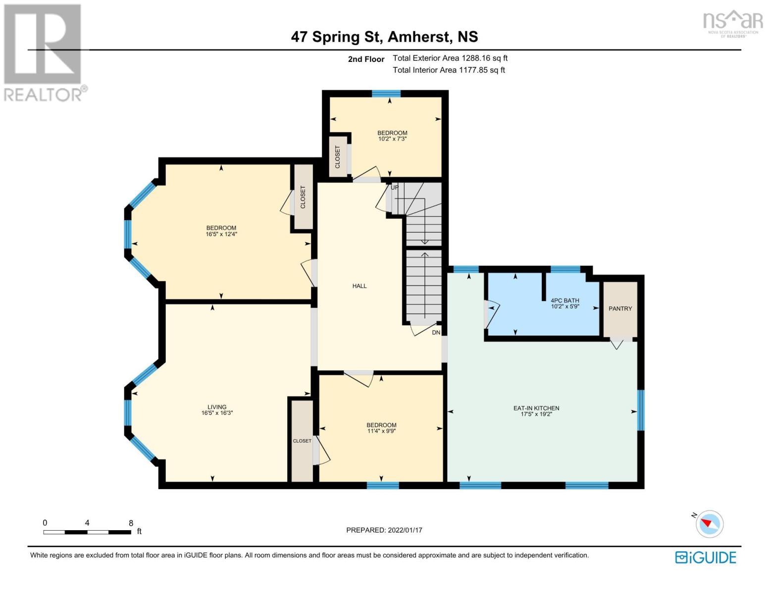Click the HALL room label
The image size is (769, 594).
(359, 286)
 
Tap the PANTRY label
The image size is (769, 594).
(620, 308)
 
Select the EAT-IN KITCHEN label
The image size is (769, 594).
(536, 408)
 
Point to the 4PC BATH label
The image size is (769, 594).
(565, 300)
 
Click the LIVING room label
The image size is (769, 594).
(216, 407)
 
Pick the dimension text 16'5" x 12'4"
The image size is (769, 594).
(221, 234)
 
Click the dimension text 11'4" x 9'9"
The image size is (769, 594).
(381, 431)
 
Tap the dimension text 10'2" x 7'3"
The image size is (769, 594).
(392, 139)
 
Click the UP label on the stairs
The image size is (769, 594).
(395, 188)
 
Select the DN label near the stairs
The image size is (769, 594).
(436, 333)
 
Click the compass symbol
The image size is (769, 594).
(709, 524)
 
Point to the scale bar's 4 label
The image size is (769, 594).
(87, 523)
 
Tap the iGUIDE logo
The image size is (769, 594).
(706, 558)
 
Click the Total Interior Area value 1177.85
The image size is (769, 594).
(473, 70)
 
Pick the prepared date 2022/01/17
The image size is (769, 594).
(405, 530)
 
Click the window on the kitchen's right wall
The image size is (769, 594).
(641, 410)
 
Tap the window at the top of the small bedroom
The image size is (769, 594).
(386, 94)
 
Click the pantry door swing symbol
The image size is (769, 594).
(616, 344)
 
